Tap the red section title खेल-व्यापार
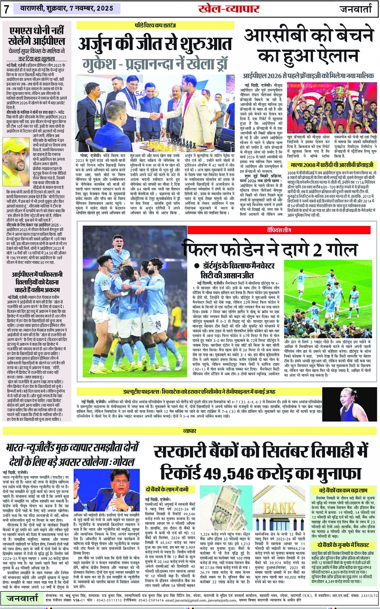click(229, 8)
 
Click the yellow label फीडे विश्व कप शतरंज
click(155, 25)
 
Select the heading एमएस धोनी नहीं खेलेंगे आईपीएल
click(37, 36)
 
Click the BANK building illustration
click(279, 508)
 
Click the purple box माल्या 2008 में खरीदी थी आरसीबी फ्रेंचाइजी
click(332, 165)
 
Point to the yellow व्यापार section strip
click(190, 431)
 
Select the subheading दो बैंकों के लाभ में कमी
click(167, 489)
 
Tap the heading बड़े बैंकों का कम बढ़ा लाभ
click(343, 490)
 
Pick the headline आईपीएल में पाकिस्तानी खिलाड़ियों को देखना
click(37, 281)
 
